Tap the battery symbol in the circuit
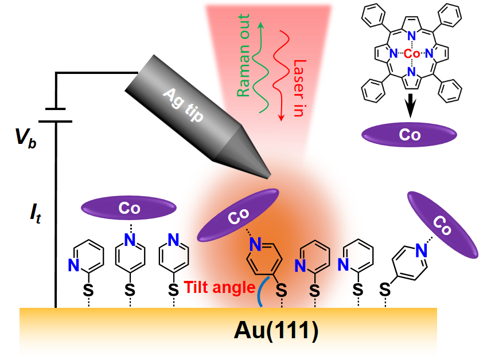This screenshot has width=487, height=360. [56, 114]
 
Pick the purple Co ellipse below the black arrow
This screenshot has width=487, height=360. [410, 135]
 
